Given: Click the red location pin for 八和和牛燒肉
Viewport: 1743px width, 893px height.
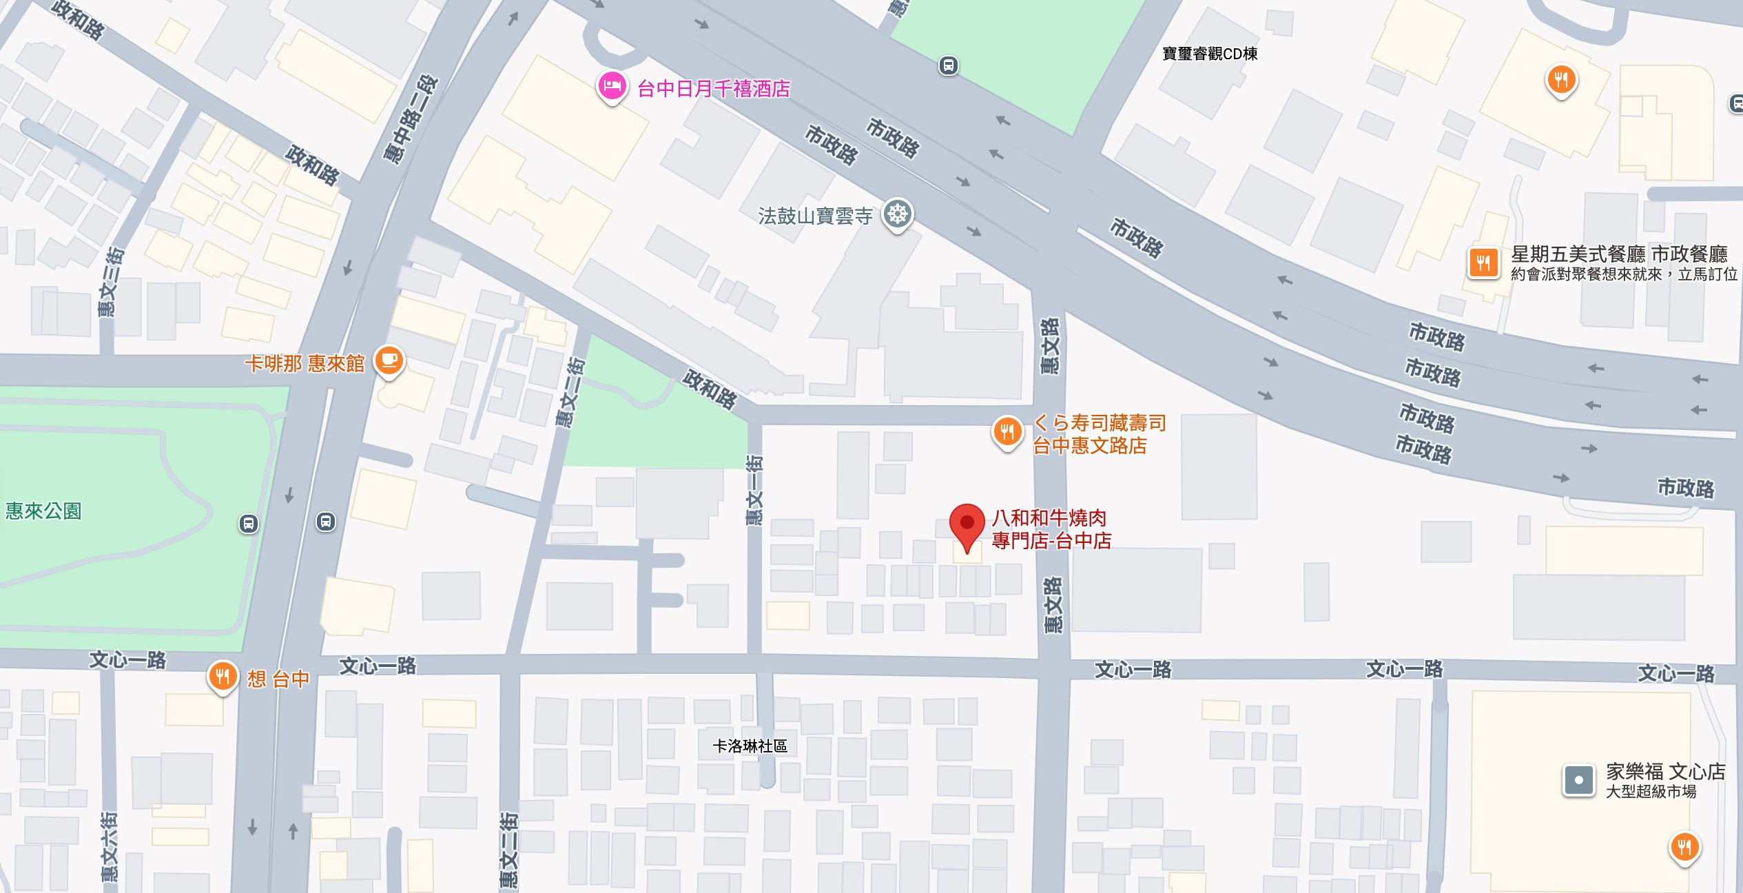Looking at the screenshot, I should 967,525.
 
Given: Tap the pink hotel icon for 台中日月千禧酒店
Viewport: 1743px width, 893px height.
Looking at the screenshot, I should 612,86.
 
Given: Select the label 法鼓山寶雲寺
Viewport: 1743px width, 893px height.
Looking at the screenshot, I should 815,216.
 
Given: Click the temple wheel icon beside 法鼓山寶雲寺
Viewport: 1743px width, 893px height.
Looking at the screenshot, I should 898,214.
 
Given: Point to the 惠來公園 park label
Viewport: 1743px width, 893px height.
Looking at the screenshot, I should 43,511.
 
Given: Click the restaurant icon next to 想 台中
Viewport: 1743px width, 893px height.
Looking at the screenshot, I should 223,676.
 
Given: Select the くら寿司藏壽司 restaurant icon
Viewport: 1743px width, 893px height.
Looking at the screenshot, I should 1007,432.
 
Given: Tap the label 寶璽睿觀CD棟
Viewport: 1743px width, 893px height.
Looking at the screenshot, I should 1210,54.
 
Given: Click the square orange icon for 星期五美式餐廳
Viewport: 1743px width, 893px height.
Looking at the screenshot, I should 1483,263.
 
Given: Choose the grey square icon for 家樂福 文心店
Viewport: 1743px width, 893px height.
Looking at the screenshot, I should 1579,781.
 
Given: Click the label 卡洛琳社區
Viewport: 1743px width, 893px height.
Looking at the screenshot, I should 750,746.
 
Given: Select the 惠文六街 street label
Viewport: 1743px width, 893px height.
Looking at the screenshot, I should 110,847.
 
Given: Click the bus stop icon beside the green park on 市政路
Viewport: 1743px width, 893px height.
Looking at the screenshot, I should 949,66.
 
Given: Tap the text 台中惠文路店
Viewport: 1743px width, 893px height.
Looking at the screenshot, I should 1089,446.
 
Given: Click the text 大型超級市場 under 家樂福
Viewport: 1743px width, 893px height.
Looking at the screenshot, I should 1651,792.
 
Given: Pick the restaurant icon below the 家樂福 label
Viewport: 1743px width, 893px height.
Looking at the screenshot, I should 1684,846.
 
